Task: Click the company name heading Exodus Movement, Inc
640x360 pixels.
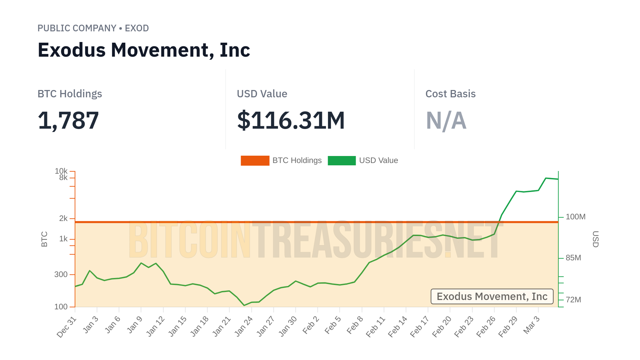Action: (x=144, y=50)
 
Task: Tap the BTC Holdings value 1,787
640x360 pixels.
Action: (x=68, y=120)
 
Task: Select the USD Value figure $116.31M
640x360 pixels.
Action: (x=291, y=120)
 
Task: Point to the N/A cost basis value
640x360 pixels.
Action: (x=446, y=120)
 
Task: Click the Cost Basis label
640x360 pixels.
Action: (x=450, y=94)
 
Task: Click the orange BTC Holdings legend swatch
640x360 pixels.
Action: (x=255, y=160)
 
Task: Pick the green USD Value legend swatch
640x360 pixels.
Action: (x=342, y=160)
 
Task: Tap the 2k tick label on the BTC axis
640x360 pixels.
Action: (x=63, y=218)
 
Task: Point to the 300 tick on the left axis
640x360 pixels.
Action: (x=61, y=274)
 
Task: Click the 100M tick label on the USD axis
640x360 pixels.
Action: (x=575, y=217)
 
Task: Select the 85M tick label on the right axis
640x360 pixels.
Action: (x=573, y=258)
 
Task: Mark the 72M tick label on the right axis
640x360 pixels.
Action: (x=573, y=300)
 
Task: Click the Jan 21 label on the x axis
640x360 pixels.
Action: (x=222, y=326)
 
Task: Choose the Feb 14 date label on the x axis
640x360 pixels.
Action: (x=398, y=326)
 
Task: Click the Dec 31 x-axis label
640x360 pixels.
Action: (x=67, y=327)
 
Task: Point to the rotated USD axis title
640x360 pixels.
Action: (x=595, y=239)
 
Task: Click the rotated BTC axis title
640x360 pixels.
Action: (x=44, y=239)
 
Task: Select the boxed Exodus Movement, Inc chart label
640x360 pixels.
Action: (x=492, y=296)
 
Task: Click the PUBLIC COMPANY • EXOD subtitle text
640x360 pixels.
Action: (x=93, y=28)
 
